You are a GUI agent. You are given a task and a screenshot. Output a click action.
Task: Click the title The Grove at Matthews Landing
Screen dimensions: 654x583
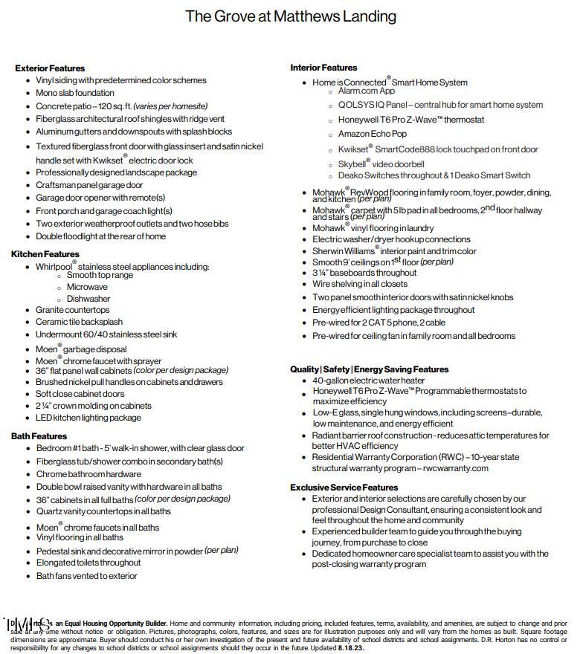click(x=291, y=16)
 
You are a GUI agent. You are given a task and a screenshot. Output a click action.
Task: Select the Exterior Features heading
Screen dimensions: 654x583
click(x=50, y=68)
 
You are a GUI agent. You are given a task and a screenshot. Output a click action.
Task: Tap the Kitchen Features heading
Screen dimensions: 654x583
click(x=45, y=254)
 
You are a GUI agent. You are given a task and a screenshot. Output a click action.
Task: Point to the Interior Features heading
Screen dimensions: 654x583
click(x=323, y=68)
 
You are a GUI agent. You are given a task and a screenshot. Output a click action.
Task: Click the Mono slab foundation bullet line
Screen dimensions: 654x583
click(x=75, y=93)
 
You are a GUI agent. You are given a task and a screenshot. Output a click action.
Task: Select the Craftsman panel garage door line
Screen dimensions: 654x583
click(x=89, y=185)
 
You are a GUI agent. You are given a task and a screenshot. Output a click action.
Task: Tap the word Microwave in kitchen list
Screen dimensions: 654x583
click(x=87, y=287)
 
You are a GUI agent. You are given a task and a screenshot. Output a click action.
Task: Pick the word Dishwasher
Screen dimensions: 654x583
click(x=88, y=299)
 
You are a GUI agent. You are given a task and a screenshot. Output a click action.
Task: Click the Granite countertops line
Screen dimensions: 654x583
click(x=73, y=310)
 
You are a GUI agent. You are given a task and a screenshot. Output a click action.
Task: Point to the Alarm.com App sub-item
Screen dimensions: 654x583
click(x=366, y=91)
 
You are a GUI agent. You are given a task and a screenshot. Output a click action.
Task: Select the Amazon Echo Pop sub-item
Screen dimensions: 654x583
click(x=373, y=134)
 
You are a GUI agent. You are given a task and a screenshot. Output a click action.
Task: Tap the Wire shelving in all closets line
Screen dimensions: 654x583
click(x=360, y=284)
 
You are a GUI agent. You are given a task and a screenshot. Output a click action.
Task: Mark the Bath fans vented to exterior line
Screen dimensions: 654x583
click(x=87, y=576)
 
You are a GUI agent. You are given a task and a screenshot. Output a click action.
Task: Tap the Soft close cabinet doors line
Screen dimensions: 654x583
click(x=80, y=394)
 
